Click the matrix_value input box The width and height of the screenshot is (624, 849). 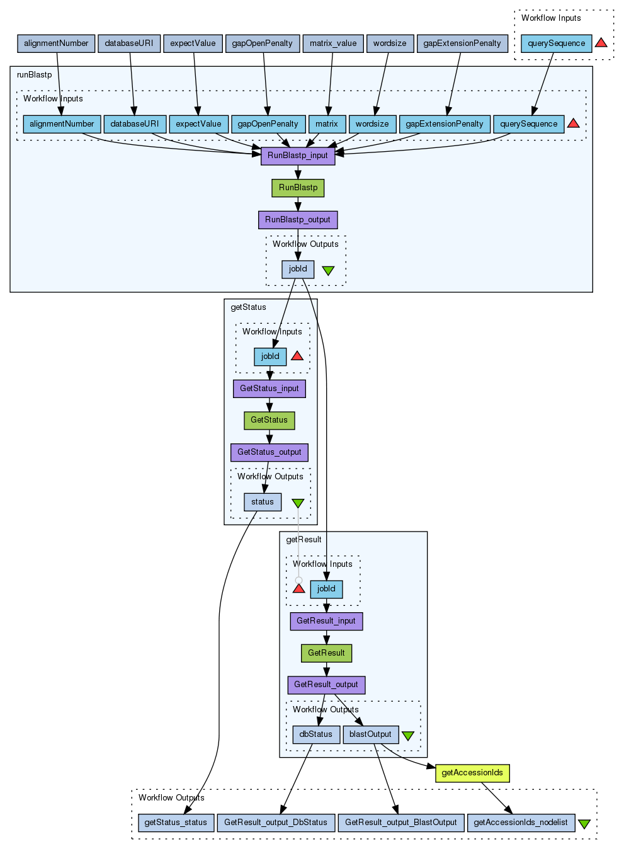pos(333,43)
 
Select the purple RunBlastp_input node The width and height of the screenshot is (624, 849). pos(298,156)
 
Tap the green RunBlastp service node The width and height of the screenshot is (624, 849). pos(298,188)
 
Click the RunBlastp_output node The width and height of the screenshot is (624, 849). pos(298,220)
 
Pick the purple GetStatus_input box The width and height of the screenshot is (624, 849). pos(269,389)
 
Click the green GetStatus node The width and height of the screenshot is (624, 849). pos(269,420)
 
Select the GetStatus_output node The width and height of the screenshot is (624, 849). pos(269,452)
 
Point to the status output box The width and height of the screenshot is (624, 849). pos(263,502)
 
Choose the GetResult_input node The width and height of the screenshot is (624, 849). pos(326,621)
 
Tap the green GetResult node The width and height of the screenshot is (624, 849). pos(326,653)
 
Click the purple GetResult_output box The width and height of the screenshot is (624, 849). pos(326,685)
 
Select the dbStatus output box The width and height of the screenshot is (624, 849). pos(316,734)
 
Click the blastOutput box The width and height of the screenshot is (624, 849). pos(371,734)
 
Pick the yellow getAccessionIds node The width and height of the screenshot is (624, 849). pos(472,773)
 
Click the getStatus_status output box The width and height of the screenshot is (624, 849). pos(176,823)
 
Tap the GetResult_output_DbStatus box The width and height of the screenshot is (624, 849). pos(276,823)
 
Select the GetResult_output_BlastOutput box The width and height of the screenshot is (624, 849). pos(401,823)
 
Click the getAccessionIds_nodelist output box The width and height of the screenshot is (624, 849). pos(521,823)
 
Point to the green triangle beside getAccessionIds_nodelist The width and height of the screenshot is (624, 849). pos(584,824)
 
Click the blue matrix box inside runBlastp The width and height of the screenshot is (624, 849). pos(327,124)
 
